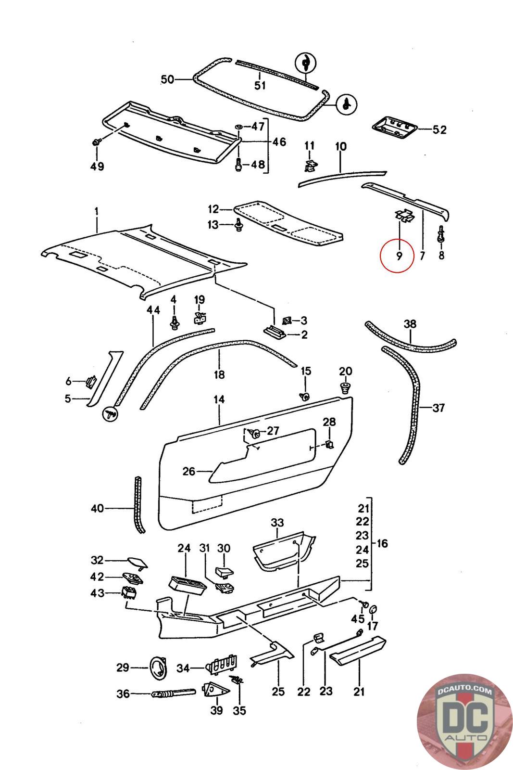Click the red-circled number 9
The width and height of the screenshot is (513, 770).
coord(398,255)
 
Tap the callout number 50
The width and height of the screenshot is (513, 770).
coord(167,79)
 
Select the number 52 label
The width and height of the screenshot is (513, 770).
coord(439,129)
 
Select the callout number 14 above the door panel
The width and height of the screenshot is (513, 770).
coord(219,399)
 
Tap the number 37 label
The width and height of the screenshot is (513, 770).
coord(438,408)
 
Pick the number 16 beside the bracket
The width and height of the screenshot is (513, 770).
coord(383,544)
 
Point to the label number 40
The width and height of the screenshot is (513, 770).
coord(97,508)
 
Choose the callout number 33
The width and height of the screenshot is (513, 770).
coord(277,523)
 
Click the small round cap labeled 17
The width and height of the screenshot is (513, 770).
coord(373,611)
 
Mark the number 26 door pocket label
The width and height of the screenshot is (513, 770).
coord(189,471)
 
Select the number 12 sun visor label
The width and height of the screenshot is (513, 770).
coord(213,209)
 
